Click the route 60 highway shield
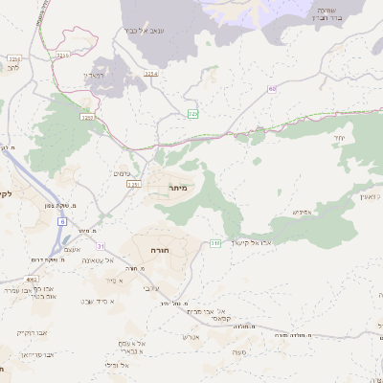pyautogui.click(x=272, y=89)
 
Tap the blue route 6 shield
pyautogui.click(x=62, y=221)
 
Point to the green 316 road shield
pyautogui.click(x=216, y=243)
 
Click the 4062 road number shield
pyautogui.click(x=33, y=279)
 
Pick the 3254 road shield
pyautogui.click(x=150, y=73)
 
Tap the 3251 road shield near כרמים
pyautogui.click(x=133, y=183)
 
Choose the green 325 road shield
pyautogui.click(x=193, y=114)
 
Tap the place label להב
pyautogui.click(x=11, y=68)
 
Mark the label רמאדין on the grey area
pyautogui.click(x=93, y=74)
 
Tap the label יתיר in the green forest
pyautogui.click(x=340, y=139)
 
